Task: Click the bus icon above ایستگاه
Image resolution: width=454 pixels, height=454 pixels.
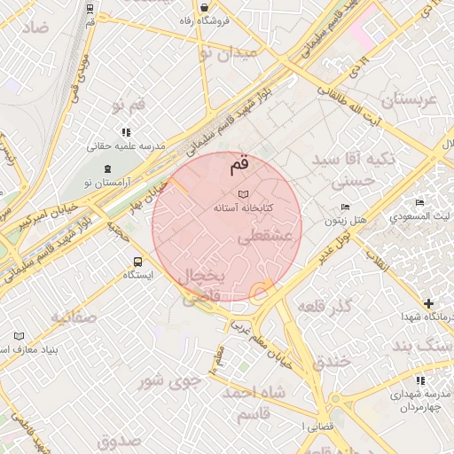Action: point(137,262)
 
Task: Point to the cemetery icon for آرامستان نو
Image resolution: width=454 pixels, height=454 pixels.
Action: point(108,168)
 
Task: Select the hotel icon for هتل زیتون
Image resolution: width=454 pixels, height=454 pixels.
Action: point(346,207)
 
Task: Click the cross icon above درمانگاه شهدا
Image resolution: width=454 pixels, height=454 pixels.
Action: point(429,303)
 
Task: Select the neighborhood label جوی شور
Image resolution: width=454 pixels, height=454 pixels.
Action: point(166,381)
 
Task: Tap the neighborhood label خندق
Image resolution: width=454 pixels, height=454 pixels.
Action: point(333,361)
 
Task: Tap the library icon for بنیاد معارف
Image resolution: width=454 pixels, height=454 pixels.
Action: point(19,337)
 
